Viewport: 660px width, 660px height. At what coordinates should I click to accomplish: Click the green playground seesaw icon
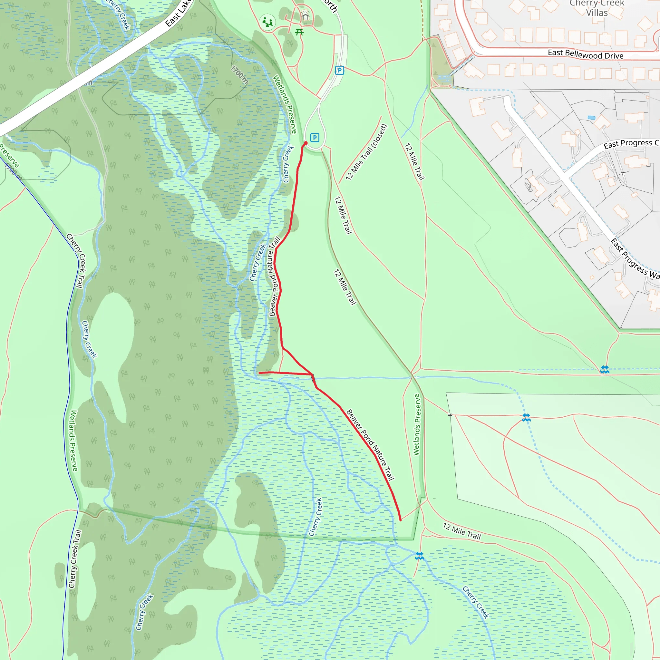coord(267,22)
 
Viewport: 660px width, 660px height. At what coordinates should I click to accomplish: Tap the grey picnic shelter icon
coord(305,16)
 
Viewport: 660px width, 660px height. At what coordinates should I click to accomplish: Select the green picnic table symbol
coord(299,32)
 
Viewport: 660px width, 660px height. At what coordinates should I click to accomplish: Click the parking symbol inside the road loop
coord(315,138)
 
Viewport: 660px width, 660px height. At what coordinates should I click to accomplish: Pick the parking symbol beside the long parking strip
coord(339,70)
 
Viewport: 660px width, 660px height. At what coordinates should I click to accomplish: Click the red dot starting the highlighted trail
coord(306,143)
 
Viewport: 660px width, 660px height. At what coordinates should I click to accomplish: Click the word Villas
coord(597,13)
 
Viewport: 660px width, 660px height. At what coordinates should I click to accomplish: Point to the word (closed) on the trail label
coord(379,136)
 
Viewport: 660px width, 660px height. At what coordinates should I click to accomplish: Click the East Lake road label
coord(179,15)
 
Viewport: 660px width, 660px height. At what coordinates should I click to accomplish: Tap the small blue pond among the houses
coord(591,118)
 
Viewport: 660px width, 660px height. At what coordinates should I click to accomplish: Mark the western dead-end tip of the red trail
coord(260,373)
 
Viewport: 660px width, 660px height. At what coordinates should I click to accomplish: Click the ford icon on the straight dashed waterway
coord(605,370)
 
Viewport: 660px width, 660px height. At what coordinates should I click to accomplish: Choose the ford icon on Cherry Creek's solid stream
coord(419,556)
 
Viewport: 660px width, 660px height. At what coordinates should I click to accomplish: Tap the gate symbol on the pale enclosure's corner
coord(450,414)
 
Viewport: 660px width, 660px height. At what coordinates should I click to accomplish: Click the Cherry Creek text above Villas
coord(597,4)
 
